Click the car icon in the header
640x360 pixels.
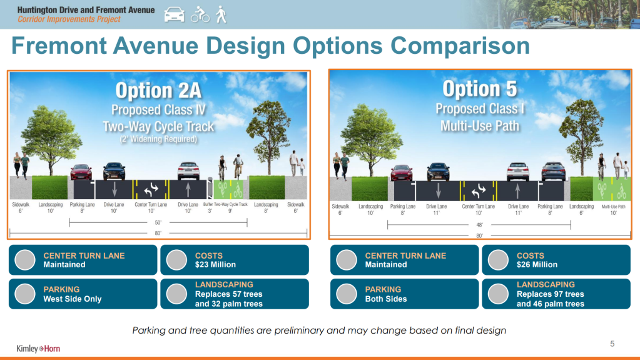point(175,14)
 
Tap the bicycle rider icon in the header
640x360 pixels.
point(200,14)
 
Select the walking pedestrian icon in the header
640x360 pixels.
point(221,14)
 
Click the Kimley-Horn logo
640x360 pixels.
point(38,349)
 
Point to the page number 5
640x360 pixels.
point(612,344)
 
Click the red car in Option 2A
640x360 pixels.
point(81,172)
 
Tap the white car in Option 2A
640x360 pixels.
point(188,171)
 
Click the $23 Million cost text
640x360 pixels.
point(215,265)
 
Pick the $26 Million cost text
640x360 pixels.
point(537,265)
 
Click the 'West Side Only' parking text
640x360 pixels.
point(72,299)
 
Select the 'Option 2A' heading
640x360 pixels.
point(158,90)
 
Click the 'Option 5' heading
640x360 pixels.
point(480,89)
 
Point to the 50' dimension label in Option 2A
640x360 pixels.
point(158,223)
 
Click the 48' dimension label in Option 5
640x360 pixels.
point(480,225)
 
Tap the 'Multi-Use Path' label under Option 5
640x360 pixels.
point(614,207)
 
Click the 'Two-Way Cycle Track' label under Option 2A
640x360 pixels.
point(231,204)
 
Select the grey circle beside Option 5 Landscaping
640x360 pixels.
point(498,294)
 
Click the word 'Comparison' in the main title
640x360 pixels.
point(460,46)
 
